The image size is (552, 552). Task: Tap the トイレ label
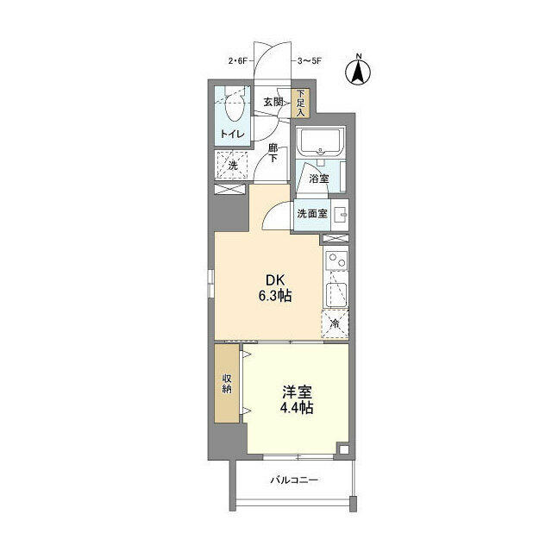click(230, 134)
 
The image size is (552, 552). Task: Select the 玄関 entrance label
click(273, 101)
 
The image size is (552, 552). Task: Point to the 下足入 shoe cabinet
click(301, 103)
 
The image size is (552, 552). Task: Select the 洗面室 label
click(311, 214)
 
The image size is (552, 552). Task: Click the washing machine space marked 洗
click(232, 165)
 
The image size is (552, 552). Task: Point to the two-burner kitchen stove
click(336, 261)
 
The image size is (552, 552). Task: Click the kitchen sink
click(336, 294)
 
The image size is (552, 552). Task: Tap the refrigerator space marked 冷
click(336, 323)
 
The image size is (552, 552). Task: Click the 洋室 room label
click(295, 391)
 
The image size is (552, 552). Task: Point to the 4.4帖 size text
click(295, 408)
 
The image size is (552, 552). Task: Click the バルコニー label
click(293, 480)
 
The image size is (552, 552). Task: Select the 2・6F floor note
click(237, 60)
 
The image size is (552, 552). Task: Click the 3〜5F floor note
click(310, 60)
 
